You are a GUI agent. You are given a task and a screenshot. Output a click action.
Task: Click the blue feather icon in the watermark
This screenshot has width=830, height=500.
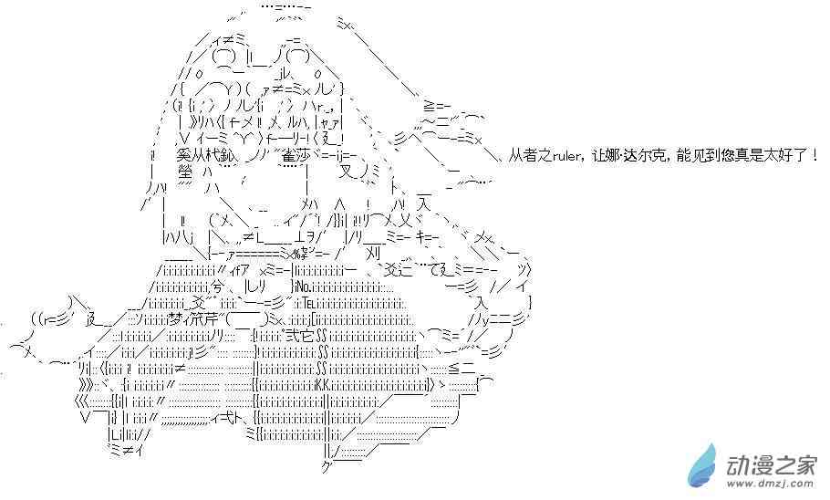click(x=706, y=465)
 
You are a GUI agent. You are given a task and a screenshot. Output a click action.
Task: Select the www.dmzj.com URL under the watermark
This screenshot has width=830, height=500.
click(x=771, y=486)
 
